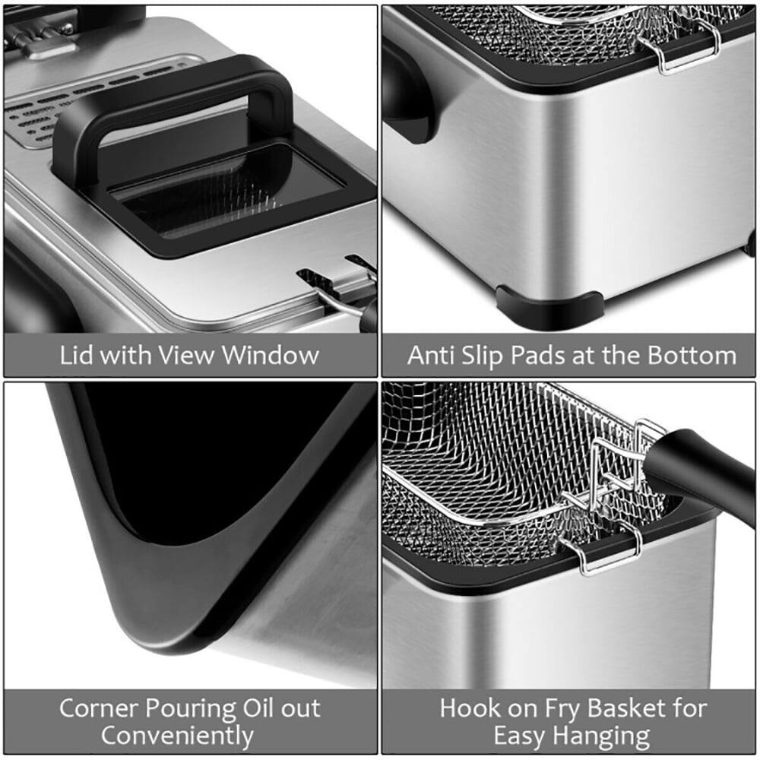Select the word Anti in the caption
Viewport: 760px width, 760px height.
tap(431, 355)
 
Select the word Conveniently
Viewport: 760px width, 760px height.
tap(177, 736)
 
